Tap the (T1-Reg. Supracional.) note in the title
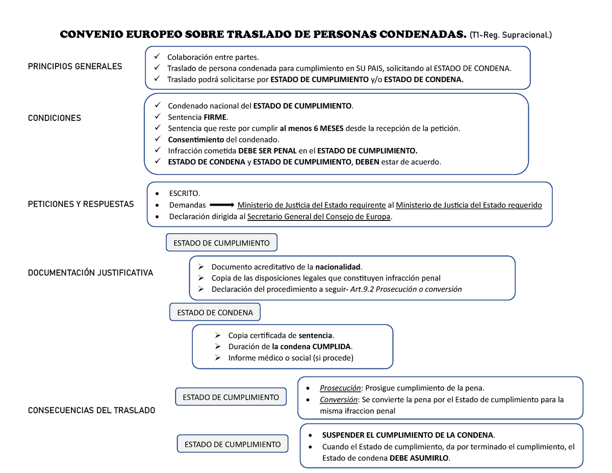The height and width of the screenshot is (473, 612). [x=511, y=35]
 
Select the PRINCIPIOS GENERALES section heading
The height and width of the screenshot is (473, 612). [x=75, y=66]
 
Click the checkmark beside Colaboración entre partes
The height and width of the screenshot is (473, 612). [x=157, y=57]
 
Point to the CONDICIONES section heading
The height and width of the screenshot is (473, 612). [x=55, y=118]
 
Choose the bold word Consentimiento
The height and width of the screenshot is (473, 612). [x=196, y=139]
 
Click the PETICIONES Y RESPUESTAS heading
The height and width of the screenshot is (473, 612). [x=81, y=204]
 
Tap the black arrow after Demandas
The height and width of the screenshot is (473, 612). [x=222, y=205]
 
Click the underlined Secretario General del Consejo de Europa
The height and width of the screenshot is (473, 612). [x=319, y=216]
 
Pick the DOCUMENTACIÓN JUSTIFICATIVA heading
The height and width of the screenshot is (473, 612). [x=90, y=273]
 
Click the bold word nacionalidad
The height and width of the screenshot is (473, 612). [x=338, y=267]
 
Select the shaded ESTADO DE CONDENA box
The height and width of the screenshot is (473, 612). [x=215, y=312]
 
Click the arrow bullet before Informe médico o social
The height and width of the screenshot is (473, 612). [x=218, y=358]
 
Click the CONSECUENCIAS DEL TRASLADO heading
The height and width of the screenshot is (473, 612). [x=91, y=410]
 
